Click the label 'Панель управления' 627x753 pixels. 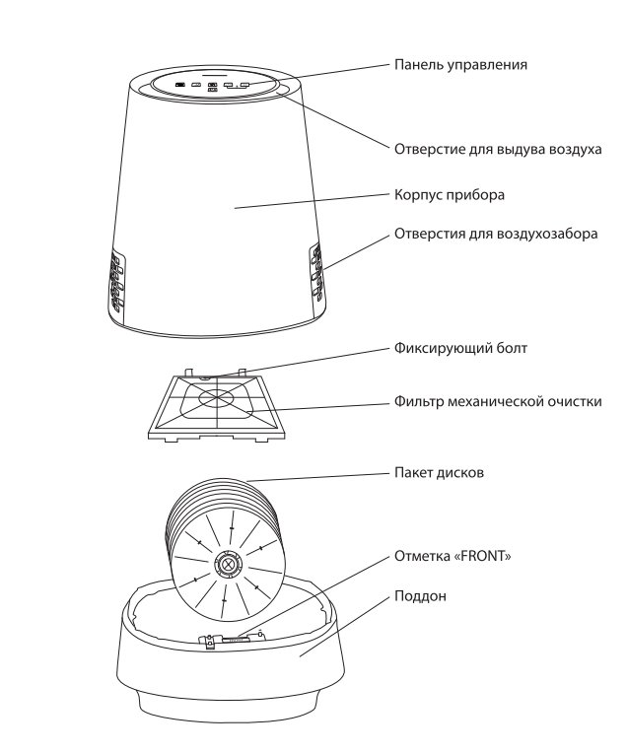pyautogui.click(x=460, y=65)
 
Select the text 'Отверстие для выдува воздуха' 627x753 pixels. pyautogui.click(x=498, y=149)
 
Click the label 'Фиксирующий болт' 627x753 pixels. pyautogui.click(x=453, y=348)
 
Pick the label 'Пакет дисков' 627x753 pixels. pyautogui.click(x=439, y=473)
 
